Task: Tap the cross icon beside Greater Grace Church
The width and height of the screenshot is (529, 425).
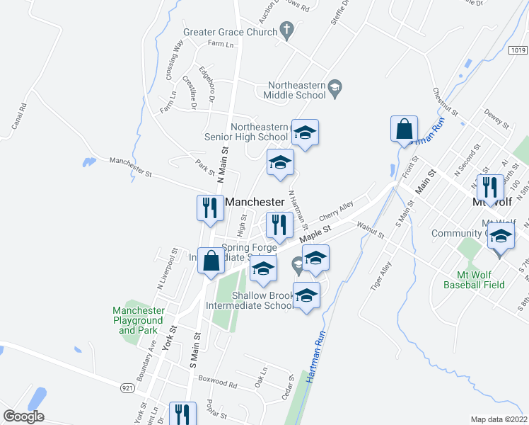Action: [286, 30]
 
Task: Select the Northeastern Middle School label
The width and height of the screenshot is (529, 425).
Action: [295, 89]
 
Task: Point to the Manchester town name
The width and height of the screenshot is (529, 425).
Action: [254, 202]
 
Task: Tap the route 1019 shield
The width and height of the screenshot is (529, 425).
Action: [517, 50]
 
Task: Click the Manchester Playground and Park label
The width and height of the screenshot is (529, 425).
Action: [139, 320]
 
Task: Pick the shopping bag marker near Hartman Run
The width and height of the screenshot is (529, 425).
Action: [405, 129]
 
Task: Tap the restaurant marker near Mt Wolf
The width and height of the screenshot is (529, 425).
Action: [489, 187]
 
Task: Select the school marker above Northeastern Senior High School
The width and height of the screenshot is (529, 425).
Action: [306, 132]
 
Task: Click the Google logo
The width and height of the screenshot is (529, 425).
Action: [23, 416]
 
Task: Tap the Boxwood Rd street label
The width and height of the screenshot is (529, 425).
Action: [217, 383]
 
